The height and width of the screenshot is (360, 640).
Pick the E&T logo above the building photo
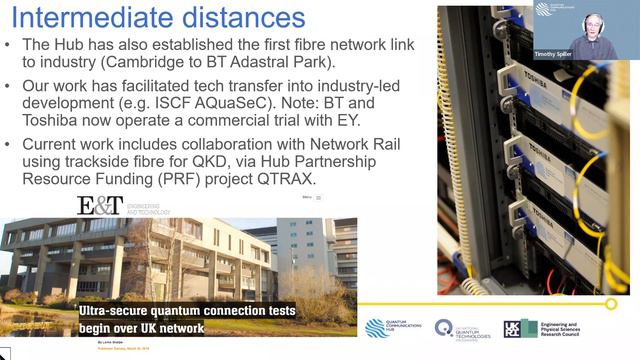click(100, 205)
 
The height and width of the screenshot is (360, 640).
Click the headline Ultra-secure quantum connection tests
click(187, 311)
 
